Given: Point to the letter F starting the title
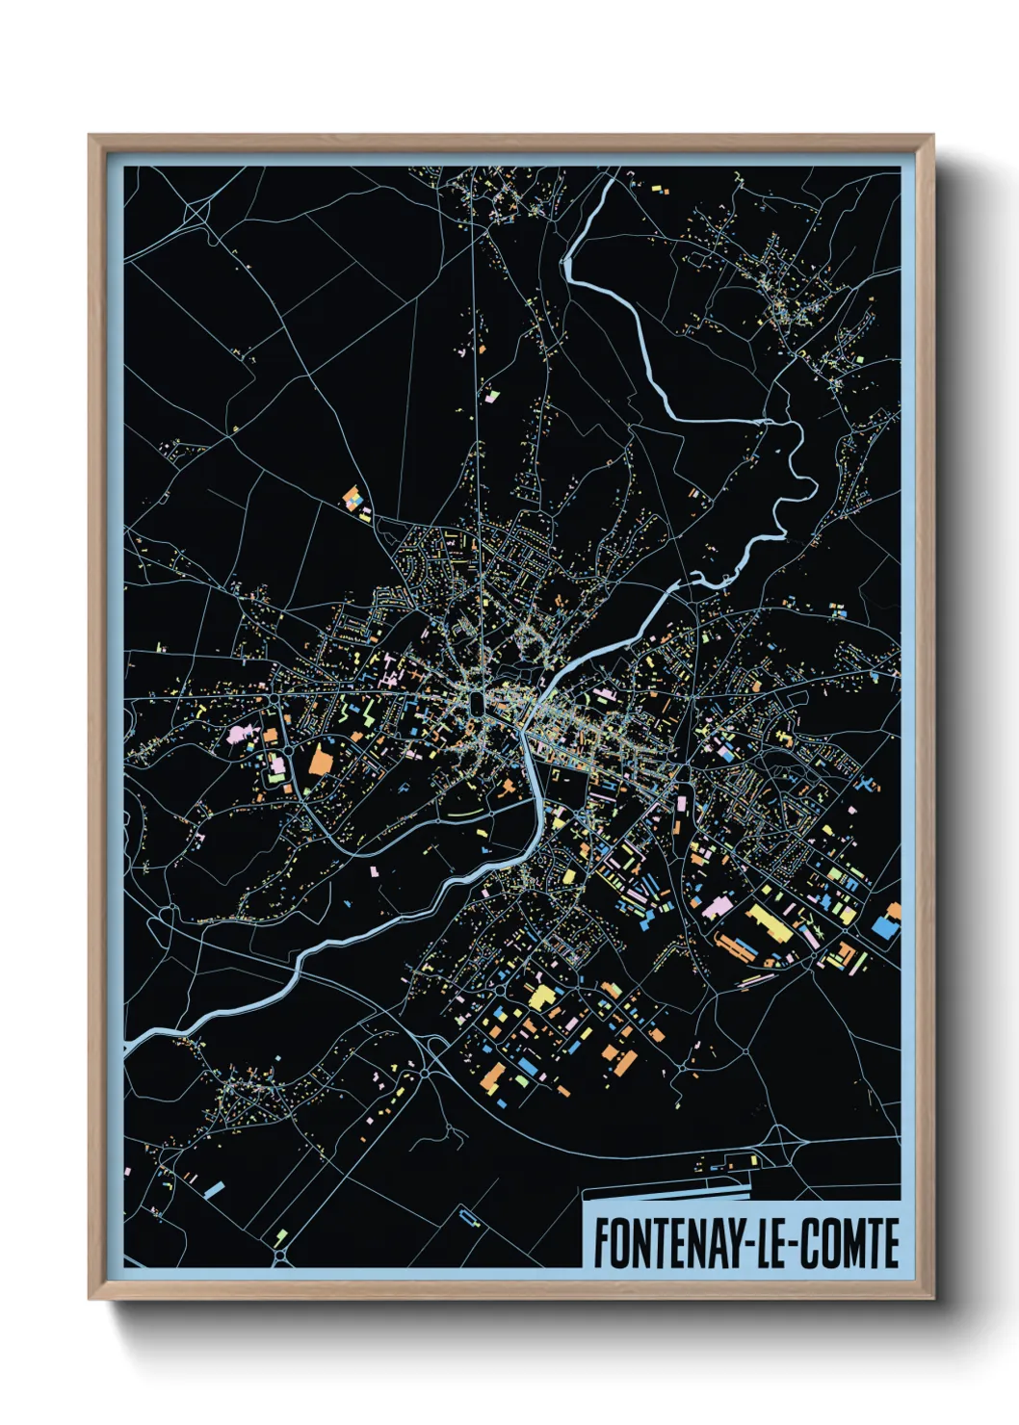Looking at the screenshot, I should pos(600,1243).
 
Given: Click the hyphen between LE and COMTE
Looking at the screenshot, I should pos(795,1245).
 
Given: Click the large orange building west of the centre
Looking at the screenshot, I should pos(319,761).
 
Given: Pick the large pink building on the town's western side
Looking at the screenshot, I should pos(237,734).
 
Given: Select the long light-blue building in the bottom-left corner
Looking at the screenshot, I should pos(214,1190).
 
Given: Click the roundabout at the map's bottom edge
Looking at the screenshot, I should pos(280,1257).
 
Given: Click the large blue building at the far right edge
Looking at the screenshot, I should pos(884,926).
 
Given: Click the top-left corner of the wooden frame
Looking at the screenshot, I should pos(91,137).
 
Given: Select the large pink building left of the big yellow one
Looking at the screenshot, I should pos(718,907).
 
